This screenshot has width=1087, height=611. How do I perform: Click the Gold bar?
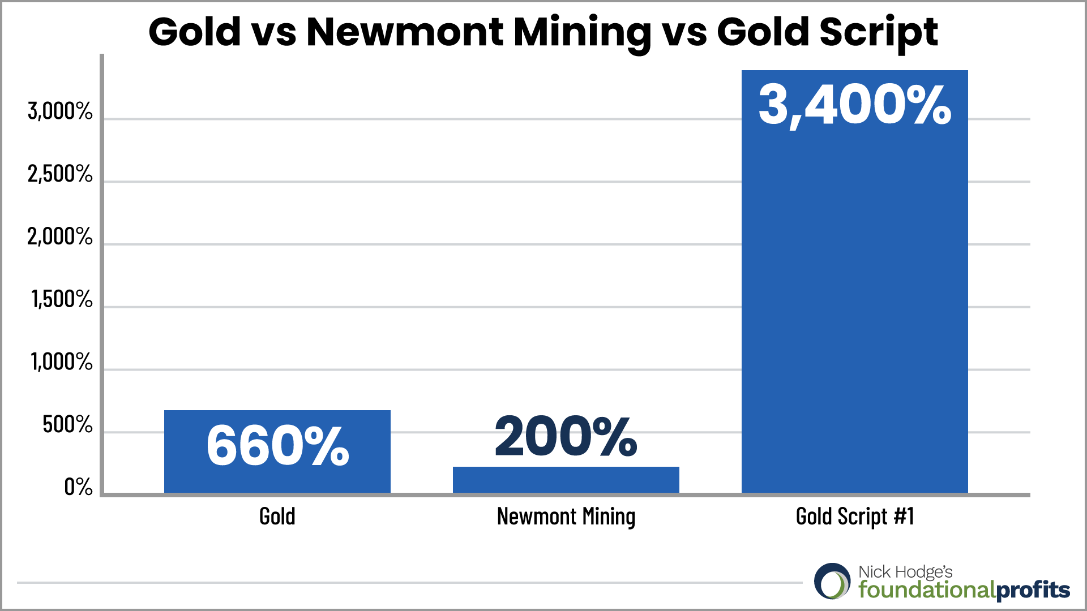point(277,451)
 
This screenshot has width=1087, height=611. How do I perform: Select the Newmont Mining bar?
point(566,480)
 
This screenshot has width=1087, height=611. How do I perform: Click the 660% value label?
point(277,446)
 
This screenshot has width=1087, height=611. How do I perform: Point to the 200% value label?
point(566,436)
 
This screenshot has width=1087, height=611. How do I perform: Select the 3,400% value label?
point(855,105)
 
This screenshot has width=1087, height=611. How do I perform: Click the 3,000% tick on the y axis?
point(60,111)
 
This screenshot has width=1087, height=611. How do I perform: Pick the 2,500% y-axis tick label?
point(60,174)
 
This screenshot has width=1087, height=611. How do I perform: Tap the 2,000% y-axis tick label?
point(60,236)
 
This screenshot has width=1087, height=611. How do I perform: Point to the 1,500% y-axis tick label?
point(62,299)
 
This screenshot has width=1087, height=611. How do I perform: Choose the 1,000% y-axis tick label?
point(62,362)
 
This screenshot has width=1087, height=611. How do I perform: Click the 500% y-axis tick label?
point(67,424)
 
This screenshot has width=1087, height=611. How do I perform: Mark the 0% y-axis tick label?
point(78,487)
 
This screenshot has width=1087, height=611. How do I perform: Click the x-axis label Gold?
point(277,517)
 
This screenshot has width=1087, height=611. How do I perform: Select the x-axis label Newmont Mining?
point(566,517)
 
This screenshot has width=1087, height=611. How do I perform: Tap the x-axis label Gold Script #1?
point(855,517)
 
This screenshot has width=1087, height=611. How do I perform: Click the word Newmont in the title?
point(405,32)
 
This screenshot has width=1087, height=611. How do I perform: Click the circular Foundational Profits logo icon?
point(832,581)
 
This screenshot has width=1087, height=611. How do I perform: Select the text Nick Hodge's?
point(905,572)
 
